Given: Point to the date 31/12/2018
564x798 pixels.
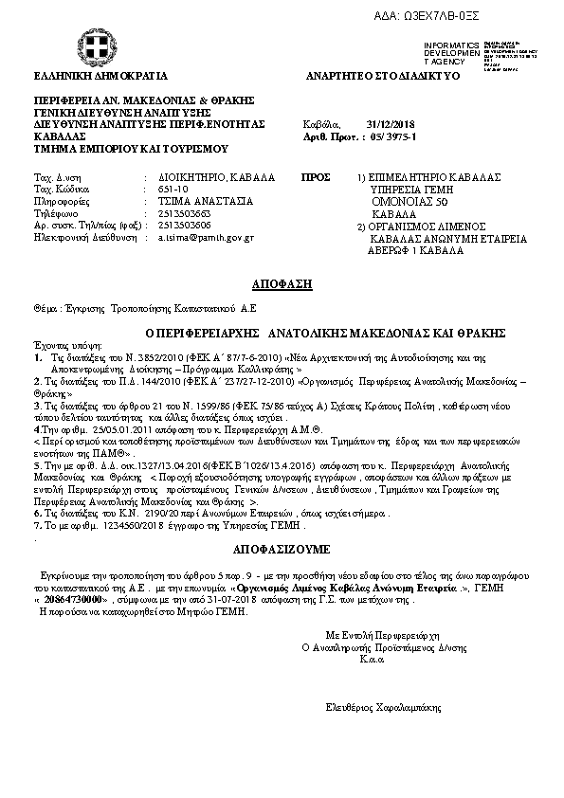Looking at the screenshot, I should [391, 124].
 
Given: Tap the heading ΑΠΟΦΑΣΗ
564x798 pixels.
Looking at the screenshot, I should [282, 284].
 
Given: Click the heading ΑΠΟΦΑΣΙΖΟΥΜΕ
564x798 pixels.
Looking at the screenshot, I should [282, 549].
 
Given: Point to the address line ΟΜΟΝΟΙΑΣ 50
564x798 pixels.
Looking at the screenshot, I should [408, 202].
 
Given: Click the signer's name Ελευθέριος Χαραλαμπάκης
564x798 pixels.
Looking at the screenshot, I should [383, 707].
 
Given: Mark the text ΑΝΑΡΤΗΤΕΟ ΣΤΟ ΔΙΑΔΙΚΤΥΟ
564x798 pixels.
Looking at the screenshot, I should [383, 75].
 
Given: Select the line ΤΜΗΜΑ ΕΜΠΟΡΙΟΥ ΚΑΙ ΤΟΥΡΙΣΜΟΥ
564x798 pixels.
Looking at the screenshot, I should [132, 149].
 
